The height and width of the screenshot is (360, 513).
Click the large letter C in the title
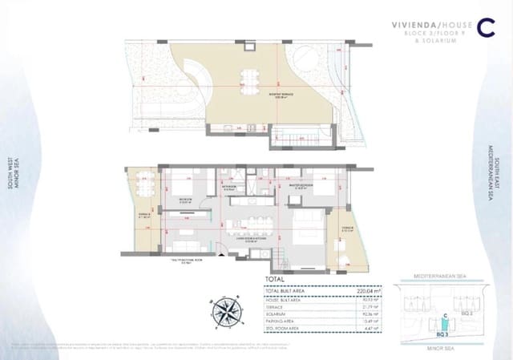point(484,26)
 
